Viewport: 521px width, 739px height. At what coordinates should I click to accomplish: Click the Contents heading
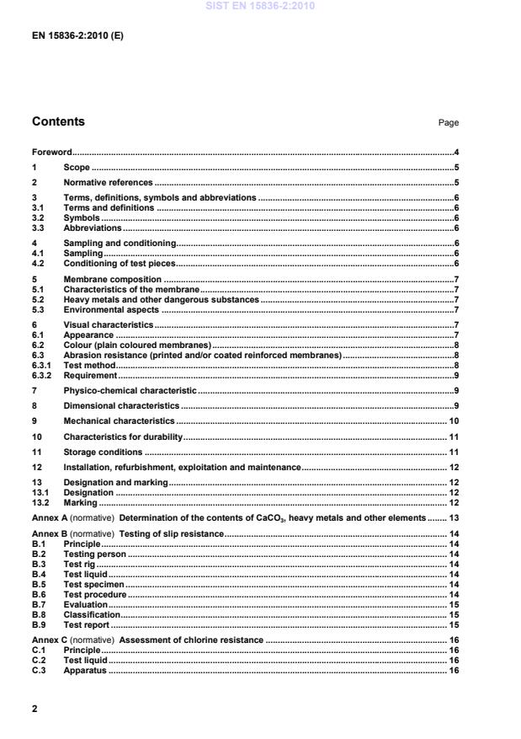click(58, 121)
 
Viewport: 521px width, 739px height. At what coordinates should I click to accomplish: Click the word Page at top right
click(448, 123)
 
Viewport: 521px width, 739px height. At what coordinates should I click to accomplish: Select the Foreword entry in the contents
click(51, 153)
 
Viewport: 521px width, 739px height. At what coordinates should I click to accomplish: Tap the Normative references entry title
click(108, 182)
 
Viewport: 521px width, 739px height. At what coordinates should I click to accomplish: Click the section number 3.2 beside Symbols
click(38, 217)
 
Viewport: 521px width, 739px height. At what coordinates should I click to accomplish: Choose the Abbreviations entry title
click(93, 228)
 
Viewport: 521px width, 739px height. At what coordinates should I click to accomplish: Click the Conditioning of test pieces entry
click(120, 263)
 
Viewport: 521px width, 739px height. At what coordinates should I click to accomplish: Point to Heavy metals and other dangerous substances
click(161, 299)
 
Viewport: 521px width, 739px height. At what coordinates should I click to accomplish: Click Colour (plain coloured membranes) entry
click(136, 345)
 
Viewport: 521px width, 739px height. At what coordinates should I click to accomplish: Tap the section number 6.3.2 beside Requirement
click(42, 375)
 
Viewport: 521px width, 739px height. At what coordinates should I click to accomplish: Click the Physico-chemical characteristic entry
click(130, 391)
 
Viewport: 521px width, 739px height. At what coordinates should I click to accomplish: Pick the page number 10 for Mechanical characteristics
click(453, 420)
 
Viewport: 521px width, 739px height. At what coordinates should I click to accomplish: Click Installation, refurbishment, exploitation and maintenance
click(182, 467)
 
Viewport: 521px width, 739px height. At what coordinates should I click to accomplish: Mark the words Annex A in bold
click(49, 517)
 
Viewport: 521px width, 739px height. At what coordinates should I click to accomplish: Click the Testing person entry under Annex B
click(94, 554)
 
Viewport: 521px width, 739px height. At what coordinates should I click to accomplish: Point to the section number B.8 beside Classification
click(39, 615)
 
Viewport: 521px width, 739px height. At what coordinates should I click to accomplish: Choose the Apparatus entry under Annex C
click(86, 671)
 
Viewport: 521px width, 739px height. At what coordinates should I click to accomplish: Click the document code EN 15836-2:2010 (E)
click(77, 36)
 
